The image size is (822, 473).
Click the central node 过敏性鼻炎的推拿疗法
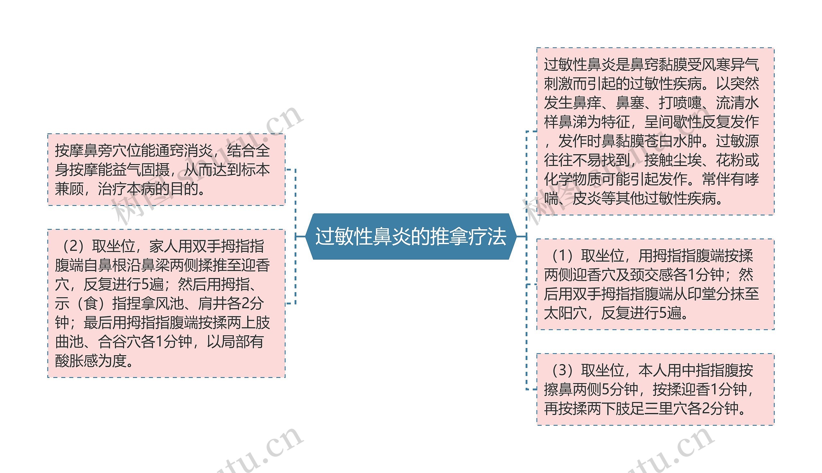[410, 236]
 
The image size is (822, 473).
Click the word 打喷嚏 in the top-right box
[680, 103]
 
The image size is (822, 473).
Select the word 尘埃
[687, 160]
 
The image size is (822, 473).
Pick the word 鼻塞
[630, 103]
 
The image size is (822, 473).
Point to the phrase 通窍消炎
[184, 151]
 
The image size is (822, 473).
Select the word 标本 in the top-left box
[256, 170]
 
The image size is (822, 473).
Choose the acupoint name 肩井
[212, 303]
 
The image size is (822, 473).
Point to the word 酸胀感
[77, 361]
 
